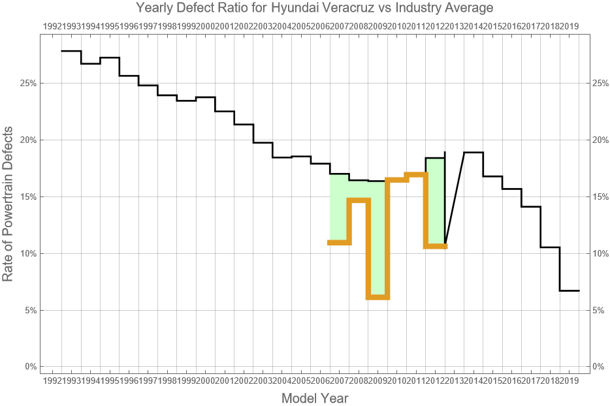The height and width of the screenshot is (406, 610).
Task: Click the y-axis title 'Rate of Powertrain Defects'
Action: click(x=8, y=213)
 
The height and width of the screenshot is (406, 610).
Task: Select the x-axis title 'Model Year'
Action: click(x=314, y=398)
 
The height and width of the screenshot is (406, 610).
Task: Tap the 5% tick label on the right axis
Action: click(x=600, y=310)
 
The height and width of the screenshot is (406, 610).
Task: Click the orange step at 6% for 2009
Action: click(x=377, y=297)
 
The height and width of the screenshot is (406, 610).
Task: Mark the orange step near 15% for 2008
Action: click(x=359, y=200)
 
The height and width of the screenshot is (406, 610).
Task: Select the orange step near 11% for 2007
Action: click(x=339, y=243)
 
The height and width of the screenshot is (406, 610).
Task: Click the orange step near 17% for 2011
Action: click(x=416, y=174)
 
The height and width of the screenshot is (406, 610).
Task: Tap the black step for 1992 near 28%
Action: click(x=71, y=51)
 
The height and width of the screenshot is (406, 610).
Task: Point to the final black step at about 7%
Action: click(x=570, y=290)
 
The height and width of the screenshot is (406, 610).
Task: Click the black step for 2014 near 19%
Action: click(x=474, y=152)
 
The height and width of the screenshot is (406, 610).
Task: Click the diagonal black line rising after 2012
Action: click(x=455, y=199)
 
